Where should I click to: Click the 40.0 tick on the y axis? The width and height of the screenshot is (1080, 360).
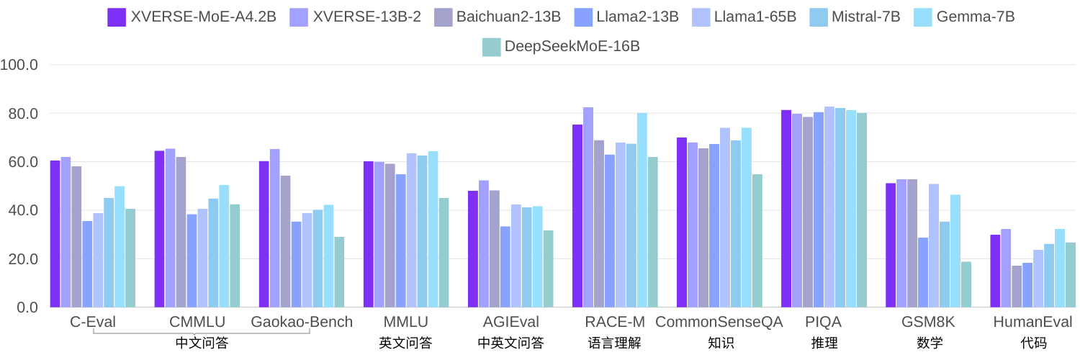[x=23, y=211]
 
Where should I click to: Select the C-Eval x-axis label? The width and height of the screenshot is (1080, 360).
[x=93, y=322]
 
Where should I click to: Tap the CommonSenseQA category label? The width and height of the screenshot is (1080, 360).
[x=719, y=322]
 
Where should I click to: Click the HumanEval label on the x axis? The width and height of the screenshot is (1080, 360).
[x=1033, y=322]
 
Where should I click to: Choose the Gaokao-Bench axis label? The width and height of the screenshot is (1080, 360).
[x=302, y=322]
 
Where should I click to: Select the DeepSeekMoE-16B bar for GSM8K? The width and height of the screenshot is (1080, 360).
[x=966, y=284]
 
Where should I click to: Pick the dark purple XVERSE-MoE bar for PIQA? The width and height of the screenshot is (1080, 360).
[x=786, y=209]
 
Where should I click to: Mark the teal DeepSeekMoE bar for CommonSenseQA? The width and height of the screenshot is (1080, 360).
[x=757, y=240]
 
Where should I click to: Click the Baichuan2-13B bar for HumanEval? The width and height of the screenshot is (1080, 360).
[x=1017, y=287]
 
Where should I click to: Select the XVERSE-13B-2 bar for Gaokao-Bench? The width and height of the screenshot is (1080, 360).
[x=275, y=228]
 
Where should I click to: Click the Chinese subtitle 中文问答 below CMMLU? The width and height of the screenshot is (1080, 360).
[x=202, y=343]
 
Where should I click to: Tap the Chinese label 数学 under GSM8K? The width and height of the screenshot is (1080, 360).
[x=930, y=343]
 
